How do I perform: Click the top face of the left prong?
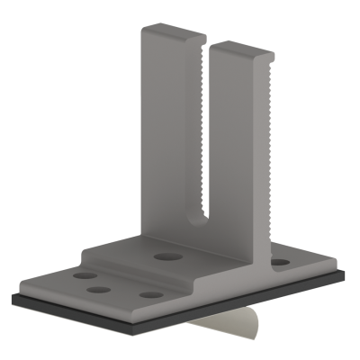click(171, 33)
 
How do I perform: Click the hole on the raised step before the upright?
click(164, 257)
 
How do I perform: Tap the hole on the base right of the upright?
click(280, 263)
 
